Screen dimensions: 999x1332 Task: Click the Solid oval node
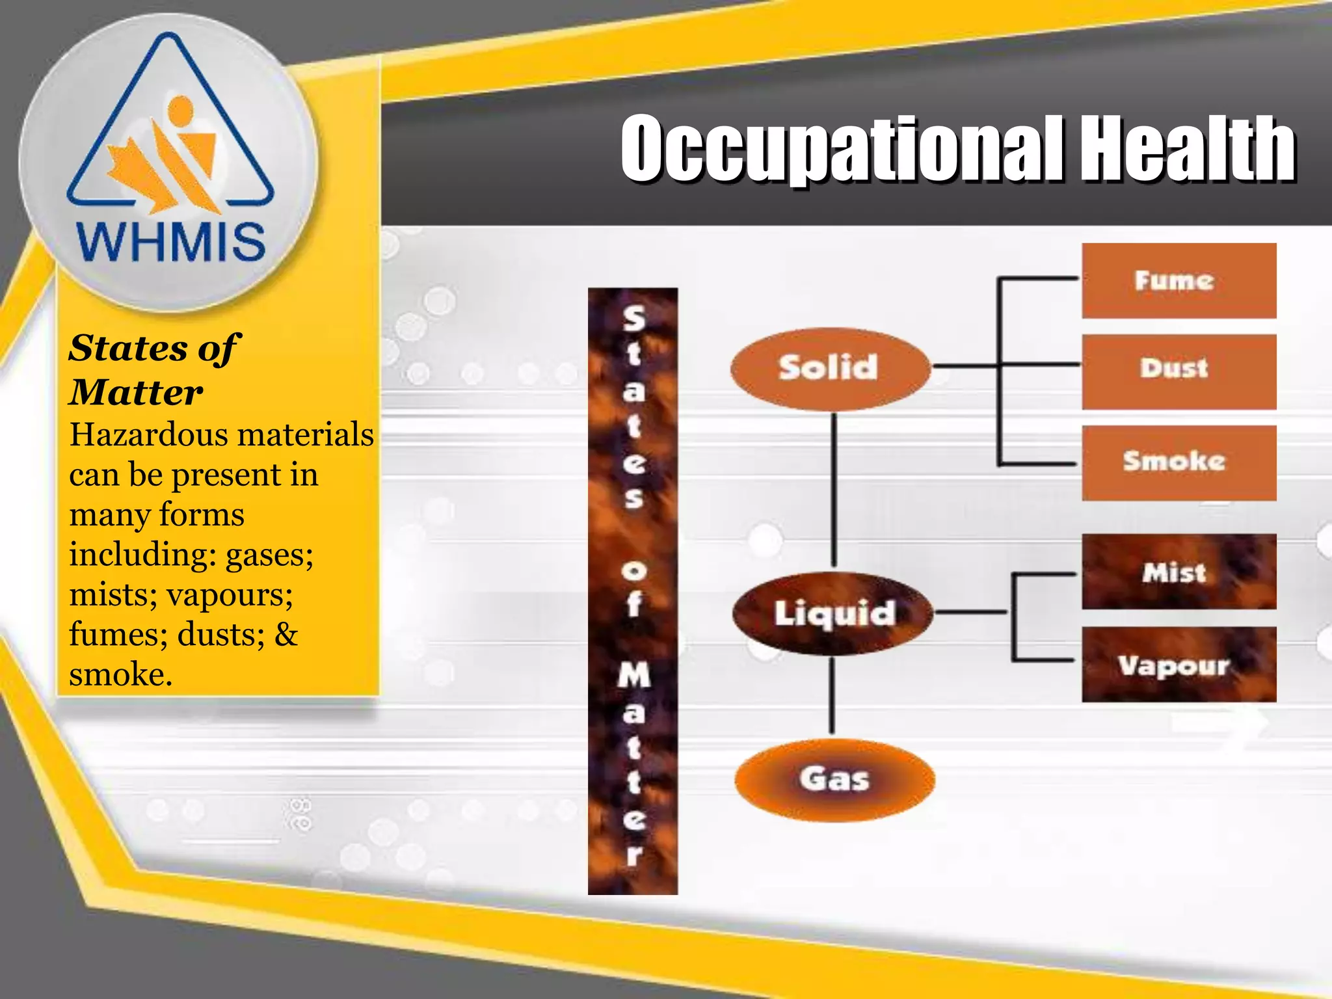(x=830, y=368)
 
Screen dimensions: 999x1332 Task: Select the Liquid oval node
(x=833, y=613)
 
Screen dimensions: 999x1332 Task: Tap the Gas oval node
(x=834, y=779)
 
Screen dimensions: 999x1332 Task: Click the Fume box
(x=1179, y=281)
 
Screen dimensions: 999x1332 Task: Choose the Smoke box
(x=1179, y=462)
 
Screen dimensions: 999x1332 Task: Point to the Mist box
(x=1179, y=572)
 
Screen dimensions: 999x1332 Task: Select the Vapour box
(x=1179, y=665)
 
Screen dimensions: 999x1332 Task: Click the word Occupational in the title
(x=842, y=150)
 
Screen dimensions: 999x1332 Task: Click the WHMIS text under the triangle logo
(x=171, y=241)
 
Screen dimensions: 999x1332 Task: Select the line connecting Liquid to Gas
(x=832, y=695)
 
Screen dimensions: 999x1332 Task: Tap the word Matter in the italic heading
(x=136, y=393)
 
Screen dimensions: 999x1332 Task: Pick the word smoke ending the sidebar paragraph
(x=120, y=674)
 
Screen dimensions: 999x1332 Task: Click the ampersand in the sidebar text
(x=286, y=634)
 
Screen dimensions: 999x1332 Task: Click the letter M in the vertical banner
(x=633, y=674)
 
